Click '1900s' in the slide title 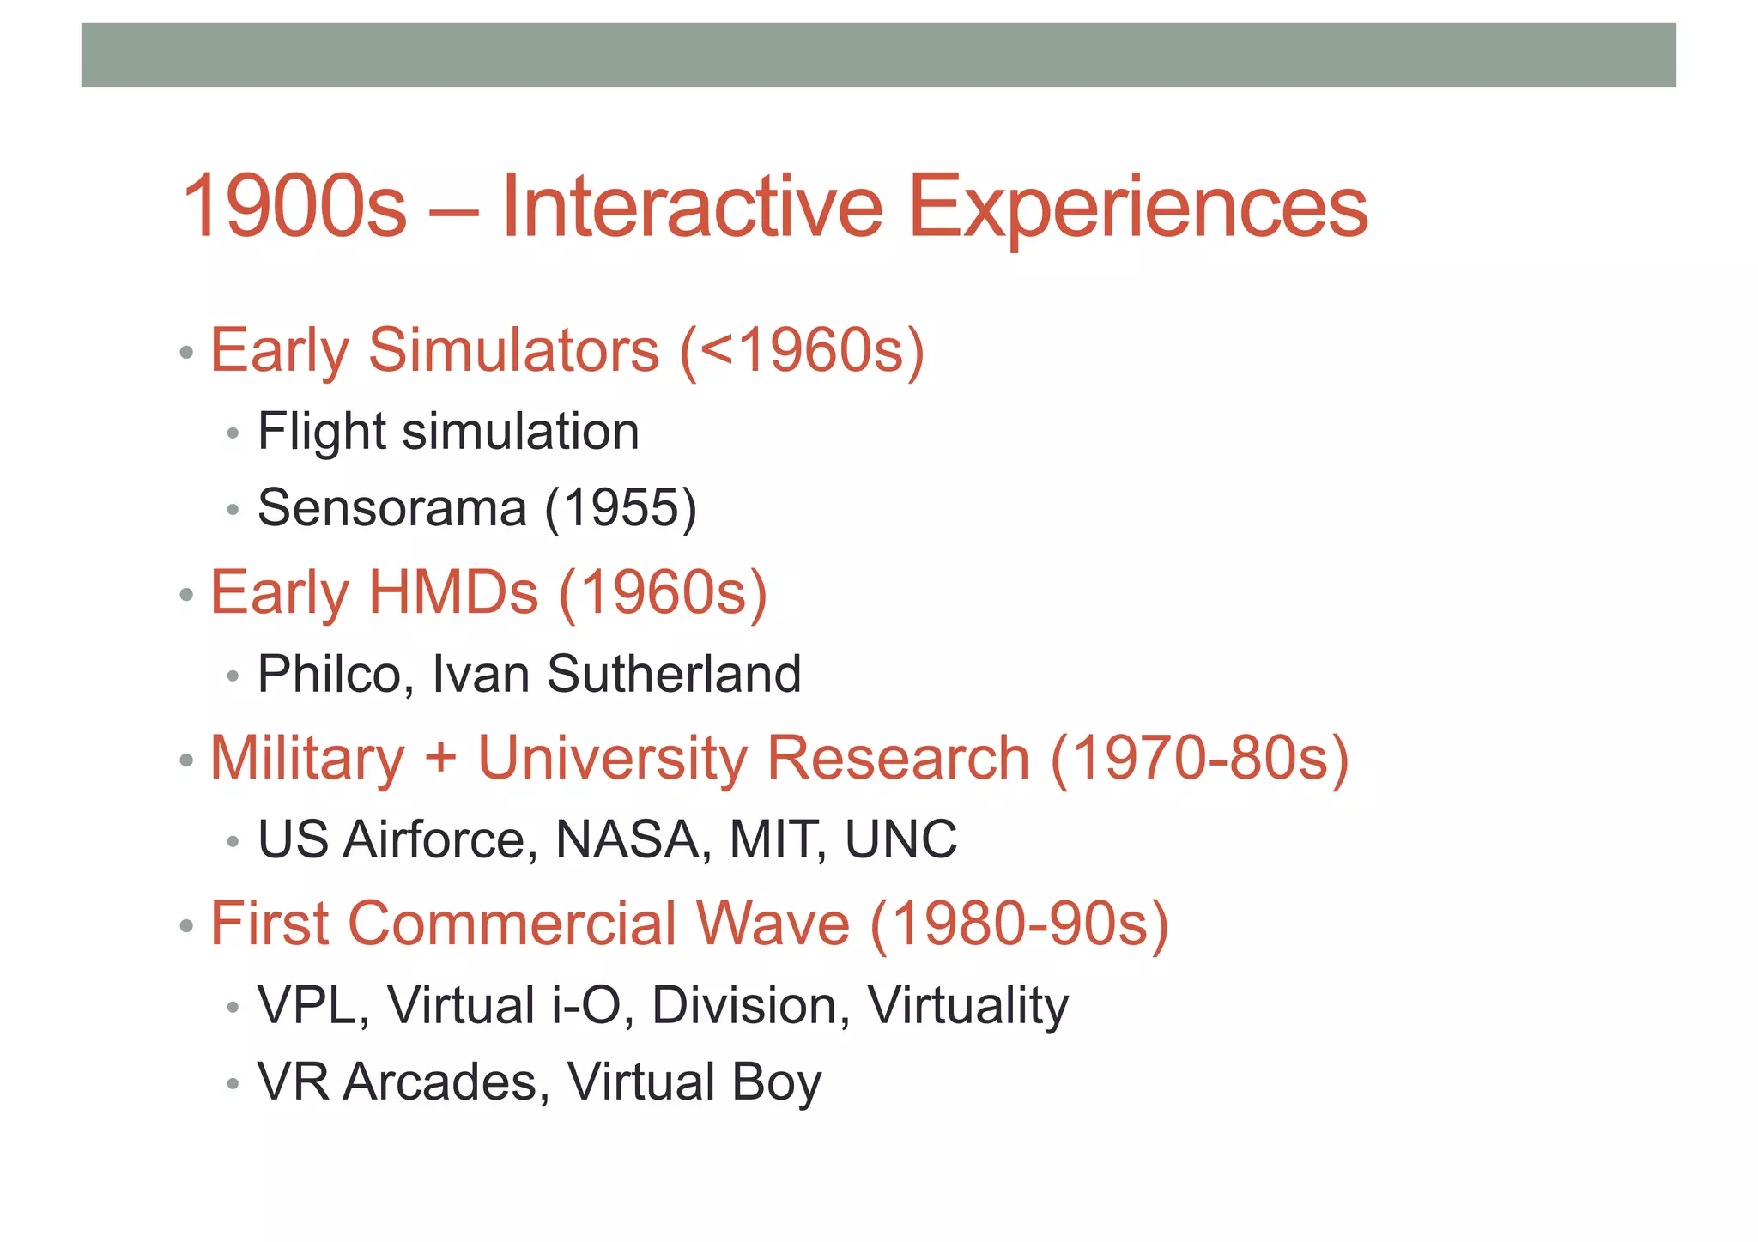[294, 207]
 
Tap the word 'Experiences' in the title [1137, 207]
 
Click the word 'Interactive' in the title [691, 207]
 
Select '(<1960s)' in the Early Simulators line [802, 351]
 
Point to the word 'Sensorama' [391, 508]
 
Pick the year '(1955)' [621, 508]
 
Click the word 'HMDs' [454, 592]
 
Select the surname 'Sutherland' [674, 674]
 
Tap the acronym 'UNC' [900, 839]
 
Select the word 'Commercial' [512, 924]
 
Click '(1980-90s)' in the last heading [1019, 924]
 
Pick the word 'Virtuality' [967, 1005]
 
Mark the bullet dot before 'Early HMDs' [186, 595]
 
